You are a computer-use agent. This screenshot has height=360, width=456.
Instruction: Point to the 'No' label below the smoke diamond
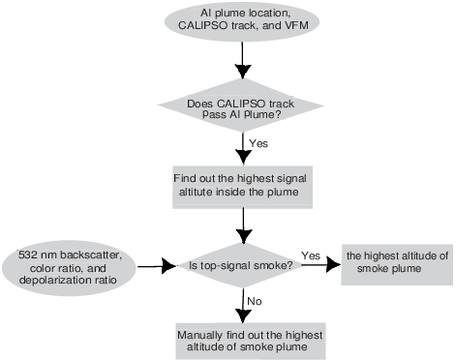255,301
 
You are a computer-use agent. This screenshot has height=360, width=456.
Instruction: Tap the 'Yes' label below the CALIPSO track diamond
258,143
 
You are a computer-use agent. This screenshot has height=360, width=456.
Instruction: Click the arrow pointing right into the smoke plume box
322,264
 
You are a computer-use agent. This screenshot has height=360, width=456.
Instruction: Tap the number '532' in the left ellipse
29,254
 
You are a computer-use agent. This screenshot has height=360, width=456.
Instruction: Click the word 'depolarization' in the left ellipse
47,277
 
